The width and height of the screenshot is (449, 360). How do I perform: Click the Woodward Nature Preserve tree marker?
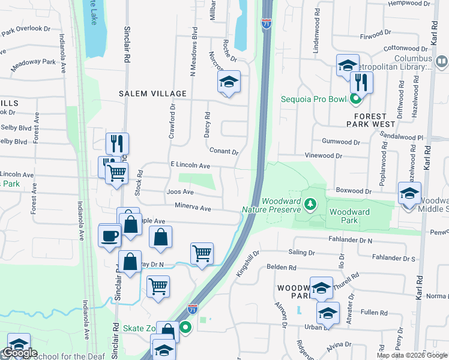pyautogui.click(x=310, y=205)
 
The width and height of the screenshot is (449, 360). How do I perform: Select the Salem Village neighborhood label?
pyautogui.click(x=152, y=94)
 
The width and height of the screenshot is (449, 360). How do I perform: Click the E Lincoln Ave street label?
pyautogui.click(x=190, y=165)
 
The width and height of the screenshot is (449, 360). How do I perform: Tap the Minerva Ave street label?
pyautogui.click(x=193, y=208)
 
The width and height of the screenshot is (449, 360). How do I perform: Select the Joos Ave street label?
pyautogui.click(x=180, y=192)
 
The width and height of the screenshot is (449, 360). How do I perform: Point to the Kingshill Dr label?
pyautogui.click(x=247, y=263)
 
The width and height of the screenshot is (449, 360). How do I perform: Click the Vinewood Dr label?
pyautogui.click(x=323, y=155)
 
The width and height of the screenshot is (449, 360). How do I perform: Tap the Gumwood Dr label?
pyautogui.click(x=340, y=142)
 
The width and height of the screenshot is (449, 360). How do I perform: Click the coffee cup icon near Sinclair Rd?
pyautogui.click(x=109, y=235)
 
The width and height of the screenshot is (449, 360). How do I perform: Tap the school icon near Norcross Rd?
pyautogui.click(x=229, y=83)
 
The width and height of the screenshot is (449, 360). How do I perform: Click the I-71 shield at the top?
pyautogui.click(x=267, y=23)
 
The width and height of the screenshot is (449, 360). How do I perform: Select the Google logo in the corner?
pyautogui.click(x=19, y=353)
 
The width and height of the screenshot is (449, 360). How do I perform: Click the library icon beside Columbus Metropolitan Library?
pyautogui.click(x=442, y=61)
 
